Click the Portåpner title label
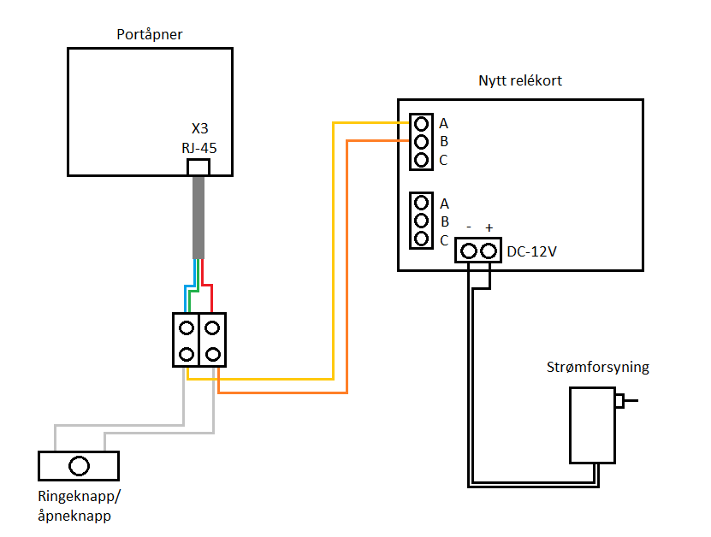[x=150, y=35]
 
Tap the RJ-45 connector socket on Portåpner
[x=198, y=167]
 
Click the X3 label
[x=199, y=128]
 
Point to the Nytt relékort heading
[x=519, y=80]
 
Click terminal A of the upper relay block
[x=420, y=123]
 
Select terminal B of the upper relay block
[x=420, y=141]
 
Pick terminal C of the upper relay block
[x=420, y=159]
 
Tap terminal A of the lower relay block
[x=420, y=204]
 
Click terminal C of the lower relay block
[x=420, y=239]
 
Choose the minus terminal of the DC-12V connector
[x=469, y=251]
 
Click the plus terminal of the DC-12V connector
[x=489, y=251]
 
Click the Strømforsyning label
[x=597, y=368]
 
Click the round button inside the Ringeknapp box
[x=79, y=466]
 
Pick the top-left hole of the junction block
[x=186, y=327]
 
